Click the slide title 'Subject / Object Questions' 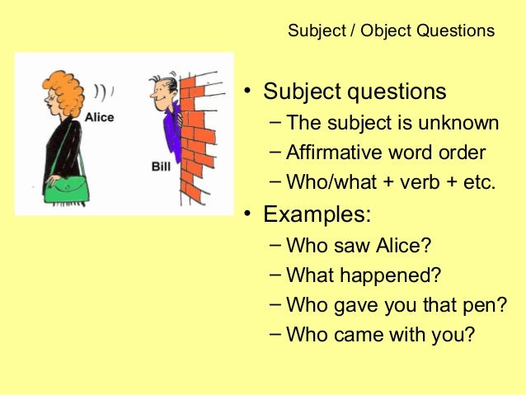point(391,31)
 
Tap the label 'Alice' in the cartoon point(99,117)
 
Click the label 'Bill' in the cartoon point(161,166)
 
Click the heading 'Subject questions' point(355,91)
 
